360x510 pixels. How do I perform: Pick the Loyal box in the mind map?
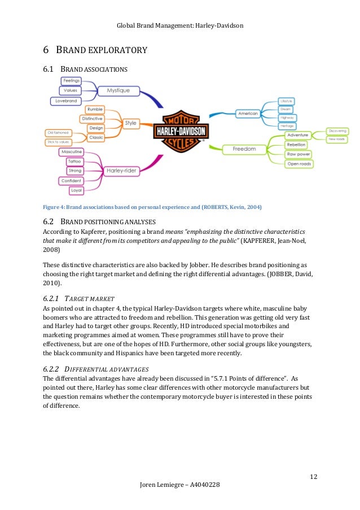(x=76, y=191)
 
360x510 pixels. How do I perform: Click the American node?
(x=248, y=114)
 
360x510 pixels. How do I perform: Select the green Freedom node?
(x=244, y=149)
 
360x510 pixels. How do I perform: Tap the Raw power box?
(x=300, y=154)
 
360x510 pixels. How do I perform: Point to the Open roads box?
(x=300, y=164)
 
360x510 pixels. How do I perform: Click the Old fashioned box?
(x=58, y=133)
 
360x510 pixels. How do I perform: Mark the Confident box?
(x=71, y=181)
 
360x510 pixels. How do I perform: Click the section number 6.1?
(x=48, y=71)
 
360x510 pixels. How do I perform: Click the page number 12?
(x=313, y=477)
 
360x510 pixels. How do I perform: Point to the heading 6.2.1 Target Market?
(x=79, y=298)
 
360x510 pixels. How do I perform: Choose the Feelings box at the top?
(x=71, y=81)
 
